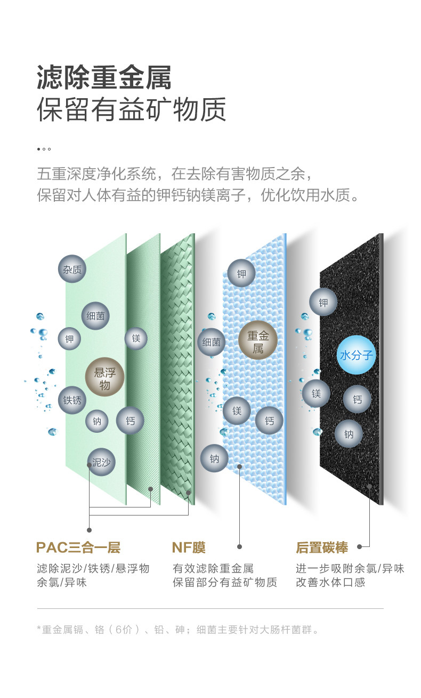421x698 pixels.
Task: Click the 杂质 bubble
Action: point(72,269)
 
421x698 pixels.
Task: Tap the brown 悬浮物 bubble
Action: point(105,377)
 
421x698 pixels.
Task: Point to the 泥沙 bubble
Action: point(101,462)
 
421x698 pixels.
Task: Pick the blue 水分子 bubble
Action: point(357,355)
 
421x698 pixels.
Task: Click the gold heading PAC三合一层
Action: point(78,548)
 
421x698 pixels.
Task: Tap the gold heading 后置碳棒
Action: point(321,548)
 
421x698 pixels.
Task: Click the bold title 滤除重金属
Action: point(104,78)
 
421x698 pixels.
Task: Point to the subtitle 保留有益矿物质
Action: point(131,109)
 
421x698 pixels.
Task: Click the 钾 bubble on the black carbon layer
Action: point(323,303)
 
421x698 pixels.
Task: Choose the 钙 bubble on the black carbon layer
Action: point(357,399)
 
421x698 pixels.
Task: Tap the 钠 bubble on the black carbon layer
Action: point(349,434)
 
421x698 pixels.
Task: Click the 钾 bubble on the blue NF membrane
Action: point(241,274)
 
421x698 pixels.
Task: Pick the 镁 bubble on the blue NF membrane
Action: point(237,411)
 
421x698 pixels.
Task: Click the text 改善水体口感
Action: point(330,582)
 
